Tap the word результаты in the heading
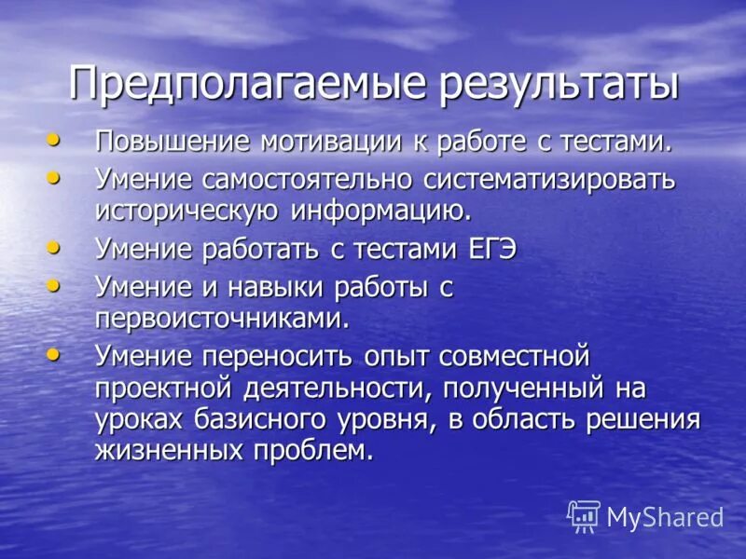point(546,85)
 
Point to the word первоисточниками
point(222,318)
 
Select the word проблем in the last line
point(325,450)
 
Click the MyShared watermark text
point(665,517)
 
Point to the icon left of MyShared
point(584,515)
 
